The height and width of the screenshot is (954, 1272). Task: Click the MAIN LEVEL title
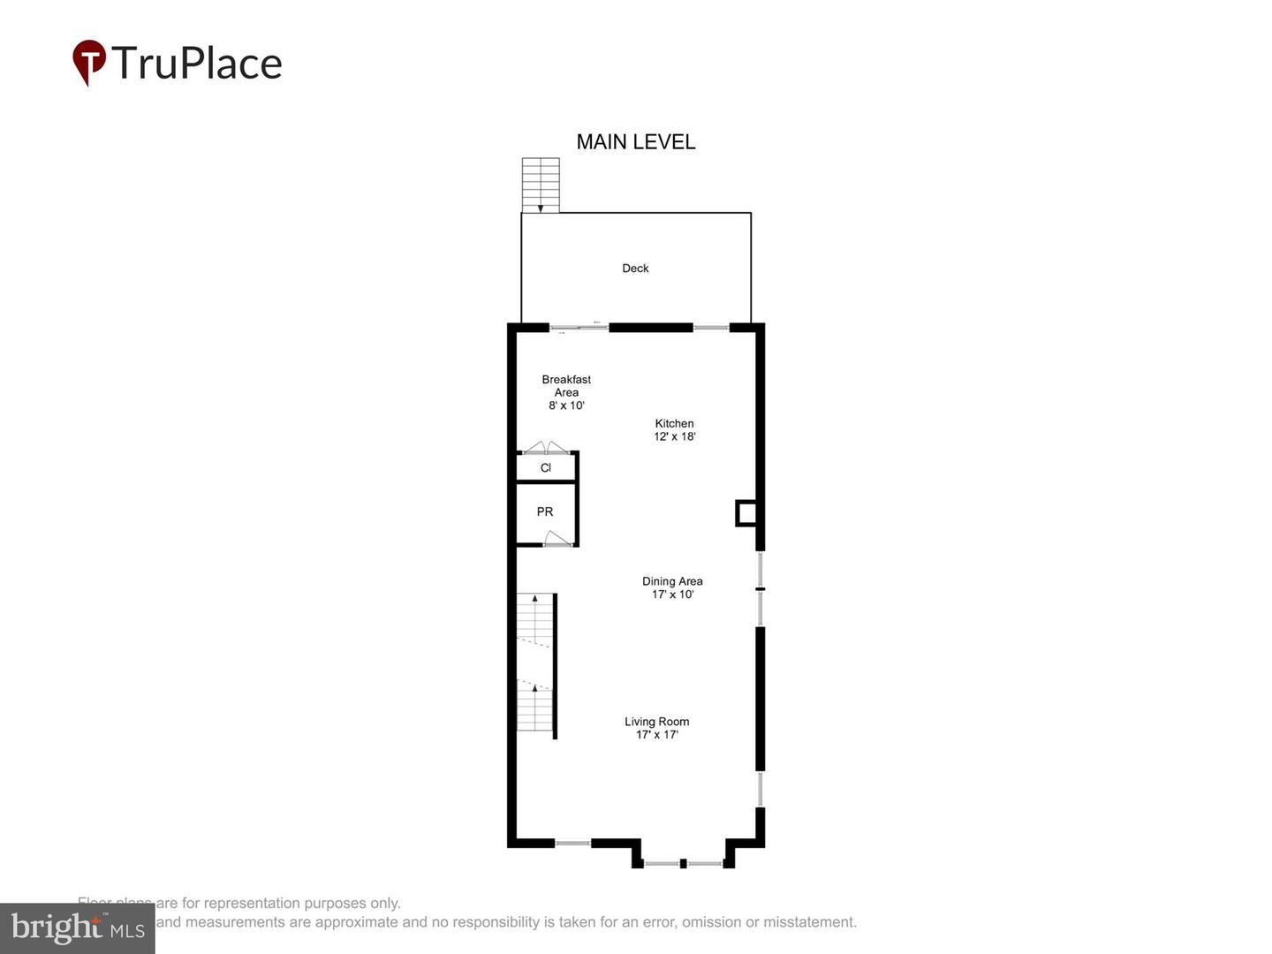(x=635, y=141)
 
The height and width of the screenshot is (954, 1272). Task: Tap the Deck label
(x=635, y=269)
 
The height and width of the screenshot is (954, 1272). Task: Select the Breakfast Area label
(x=566, y=386)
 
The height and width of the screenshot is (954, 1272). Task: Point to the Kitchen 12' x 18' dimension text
(x=675, y=436)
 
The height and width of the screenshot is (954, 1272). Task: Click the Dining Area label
(x=672, y=581)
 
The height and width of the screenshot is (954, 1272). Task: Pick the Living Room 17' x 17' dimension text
(x=657, y=735)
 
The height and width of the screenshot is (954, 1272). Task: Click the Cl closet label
(x=545, y=468)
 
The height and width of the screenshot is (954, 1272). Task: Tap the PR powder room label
(x=545, y=512)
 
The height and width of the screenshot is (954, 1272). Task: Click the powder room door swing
(x=556, y=538)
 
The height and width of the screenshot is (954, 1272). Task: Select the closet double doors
(x=546, y=447)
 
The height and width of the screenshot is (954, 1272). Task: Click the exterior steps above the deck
(x=541, y=185)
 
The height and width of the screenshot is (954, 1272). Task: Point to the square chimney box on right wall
(x=746, y=513)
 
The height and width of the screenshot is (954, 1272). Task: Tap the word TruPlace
(x=197, y=64)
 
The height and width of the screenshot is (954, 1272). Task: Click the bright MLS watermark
(x=77, y=927)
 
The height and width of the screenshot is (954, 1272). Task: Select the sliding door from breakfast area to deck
(x=579, y=328)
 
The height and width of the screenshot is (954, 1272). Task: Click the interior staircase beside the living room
(x=535, y=662)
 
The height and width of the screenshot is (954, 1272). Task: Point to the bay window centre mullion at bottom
(x=683, y=863)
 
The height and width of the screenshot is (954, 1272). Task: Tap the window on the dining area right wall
(x=760, y=588)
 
